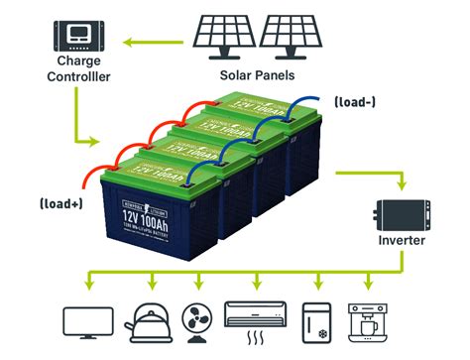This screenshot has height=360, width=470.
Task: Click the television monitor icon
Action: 85,321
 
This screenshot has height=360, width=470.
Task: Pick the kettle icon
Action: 145,319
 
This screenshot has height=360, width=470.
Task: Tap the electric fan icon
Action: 196,319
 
